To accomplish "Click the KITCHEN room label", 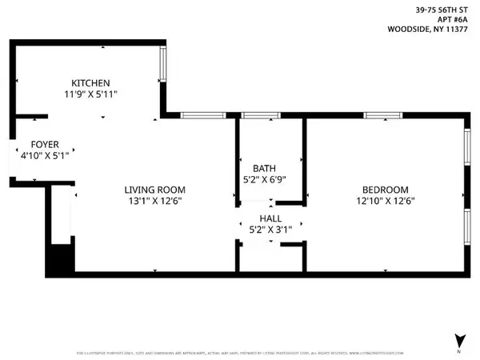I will [90, 83].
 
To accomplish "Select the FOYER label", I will [46, 145].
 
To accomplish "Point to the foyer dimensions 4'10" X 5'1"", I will [46, 156].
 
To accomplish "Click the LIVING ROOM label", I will [154, 190].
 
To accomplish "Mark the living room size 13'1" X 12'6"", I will [154, 201].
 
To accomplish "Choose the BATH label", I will [264, 168].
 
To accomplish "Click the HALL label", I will [270, 218].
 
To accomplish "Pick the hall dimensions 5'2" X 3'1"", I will [270, 229].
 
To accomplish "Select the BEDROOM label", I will [386, 190].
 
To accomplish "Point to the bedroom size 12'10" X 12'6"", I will [386, 201].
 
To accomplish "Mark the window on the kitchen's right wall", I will [163, 63].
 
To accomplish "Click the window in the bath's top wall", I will [256, 116].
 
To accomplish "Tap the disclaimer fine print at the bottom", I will [240, 353].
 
